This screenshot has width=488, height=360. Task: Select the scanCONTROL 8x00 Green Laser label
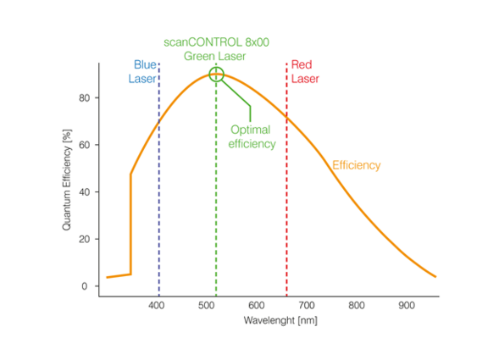(216, 49)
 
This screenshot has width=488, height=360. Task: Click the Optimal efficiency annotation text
(252, 137)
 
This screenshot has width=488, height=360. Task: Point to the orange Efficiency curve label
(356, 165)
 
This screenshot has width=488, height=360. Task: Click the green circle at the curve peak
(216, 75)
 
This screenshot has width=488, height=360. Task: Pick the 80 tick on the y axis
(84, 97)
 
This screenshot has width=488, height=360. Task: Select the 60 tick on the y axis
(84, 145)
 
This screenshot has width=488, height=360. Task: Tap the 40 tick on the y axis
(84, 192)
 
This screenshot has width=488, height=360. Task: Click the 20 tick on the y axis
(84, 240)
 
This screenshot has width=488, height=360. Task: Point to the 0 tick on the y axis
(86, 286)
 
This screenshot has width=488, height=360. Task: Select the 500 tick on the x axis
(207, 305)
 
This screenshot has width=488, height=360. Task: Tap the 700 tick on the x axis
(307, 305)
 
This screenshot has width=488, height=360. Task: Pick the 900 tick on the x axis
(407, 305)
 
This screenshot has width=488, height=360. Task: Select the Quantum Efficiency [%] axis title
(67, 180)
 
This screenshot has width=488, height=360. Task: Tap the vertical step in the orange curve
(130, 224)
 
